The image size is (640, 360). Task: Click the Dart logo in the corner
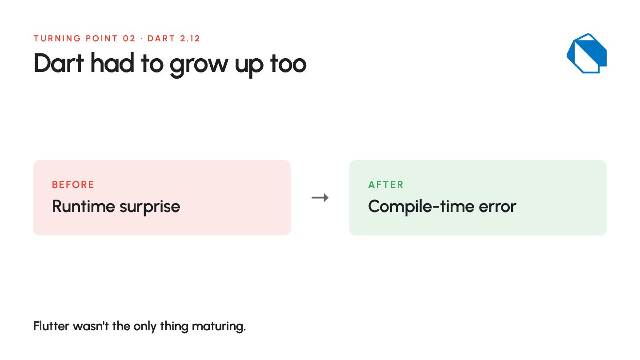tap(587, 53)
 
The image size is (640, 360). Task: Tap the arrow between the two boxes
tap(320, 197)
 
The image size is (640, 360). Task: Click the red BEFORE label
tap(73, 184)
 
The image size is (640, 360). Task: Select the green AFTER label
tap(386, 184)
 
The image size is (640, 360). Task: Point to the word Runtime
tap(84, 206)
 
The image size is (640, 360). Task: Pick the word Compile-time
tap(421, 207)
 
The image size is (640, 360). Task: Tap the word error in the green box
tap(497, 207)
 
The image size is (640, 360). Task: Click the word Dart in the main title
tap(59, 63)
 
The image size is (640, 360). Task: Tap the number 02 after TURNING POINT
tap(129, 38)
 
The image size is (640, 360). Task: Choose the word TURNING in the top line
tap(57, 38)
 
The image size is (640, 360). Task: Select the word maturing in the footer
tap(219, 327)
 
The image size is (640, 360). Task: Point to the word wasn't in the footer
tap(91, 326)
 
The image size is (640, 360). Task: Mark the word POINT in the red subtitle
tap(102, 38)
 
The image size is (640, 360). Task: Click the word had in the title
tap(112, 62)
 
